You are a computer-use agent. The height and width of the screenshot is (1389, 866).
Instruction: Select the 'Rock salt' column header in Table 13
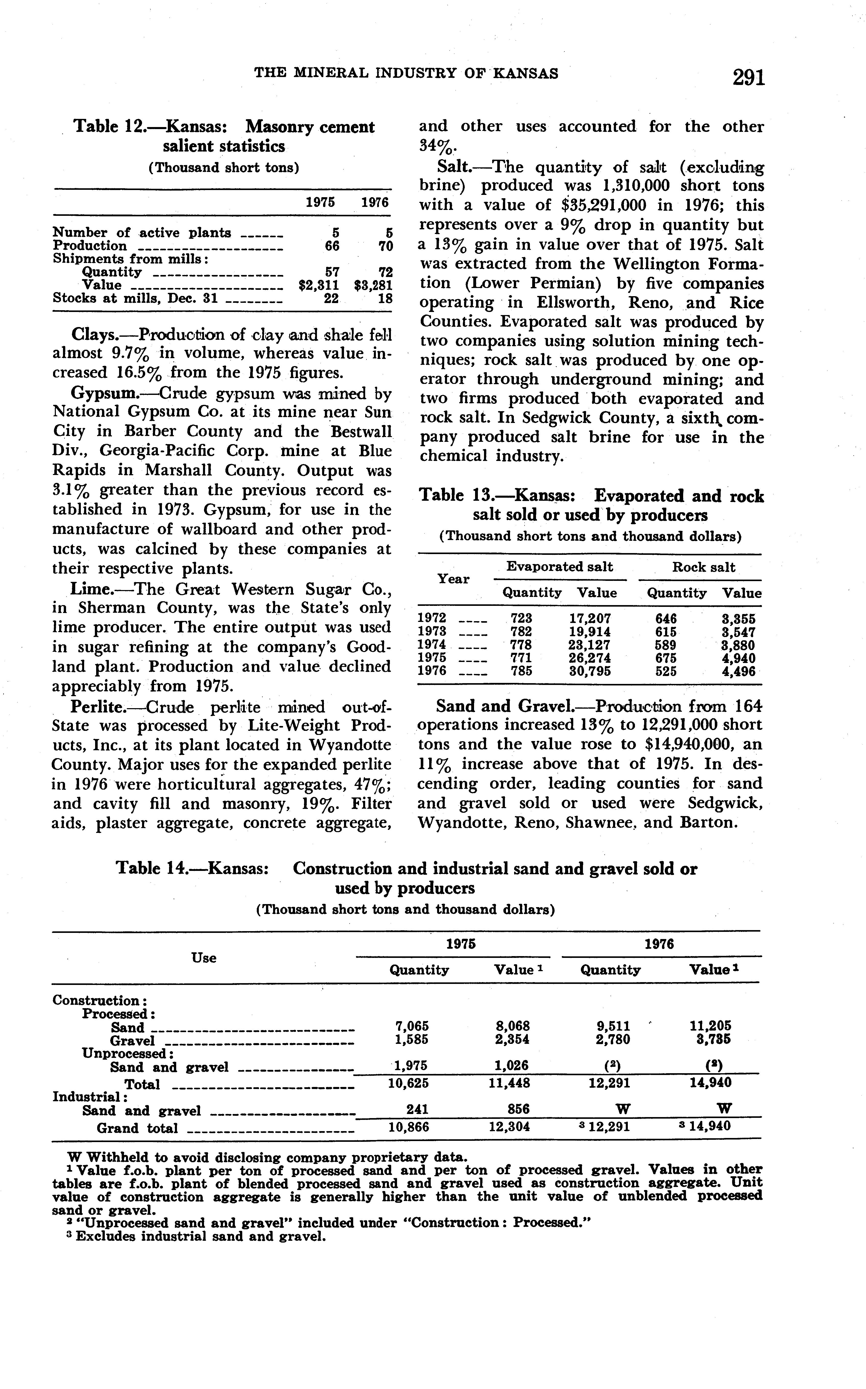click(x=704, y=567)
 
